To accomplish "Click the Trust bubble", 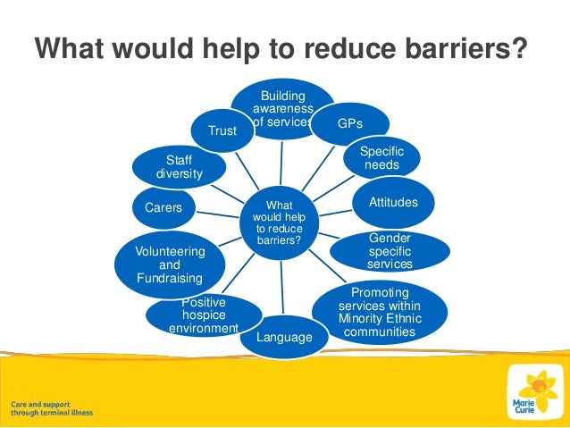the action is tap(222, 131).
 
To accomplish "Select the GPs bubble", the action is tap(349, 122).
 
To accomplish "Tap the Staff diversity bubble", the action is tap(179, 166).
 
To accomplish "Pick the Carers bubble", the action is tap(163, 208).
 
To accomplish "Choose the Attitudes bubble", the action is tap(393, 203).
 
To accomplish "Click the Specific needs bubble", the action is tap(381, 159).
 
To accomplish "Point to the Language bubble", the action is tap(284, 337).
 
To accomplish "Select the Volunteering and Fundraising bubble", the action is tap(169, 265).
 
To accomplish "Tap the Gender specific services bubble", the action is tap(390, 251).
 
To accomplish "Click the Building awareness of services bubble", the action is tap(282, 108).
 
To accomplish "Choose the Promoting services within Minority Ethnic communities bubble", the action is tap(380, 313).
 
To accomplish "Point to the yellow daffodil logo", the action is tap(538, 390).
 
